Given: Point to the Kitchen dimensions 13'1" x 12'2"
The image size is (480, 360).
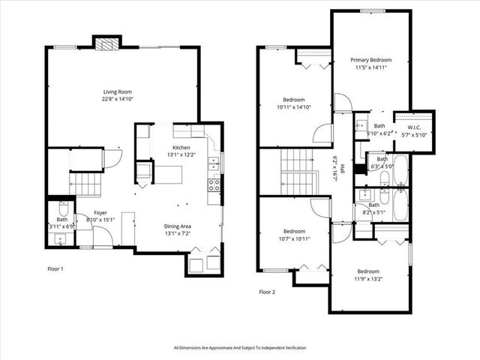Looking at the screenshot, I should (x=181, y=155).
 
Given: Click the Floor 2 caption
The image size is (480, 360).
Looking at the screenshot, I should (x=268, y=292).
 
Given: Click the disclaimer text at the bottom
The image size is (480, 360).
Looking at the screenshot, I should (x=240, y=348).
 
